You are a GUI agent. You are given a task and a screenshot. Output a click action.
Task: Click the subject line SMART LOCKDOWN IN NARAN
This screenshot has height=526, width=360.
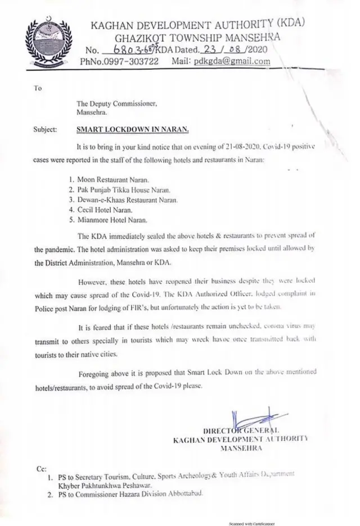click(x=132, y=129)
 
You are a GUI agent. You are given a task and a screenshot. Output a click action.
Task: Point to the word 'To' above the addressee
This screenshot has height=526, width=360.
click(x=38, y=88)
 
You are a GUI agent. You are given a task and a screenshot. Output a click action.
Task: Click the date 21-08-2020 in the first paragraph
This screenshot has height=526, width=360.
click(x=207, y=146)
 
